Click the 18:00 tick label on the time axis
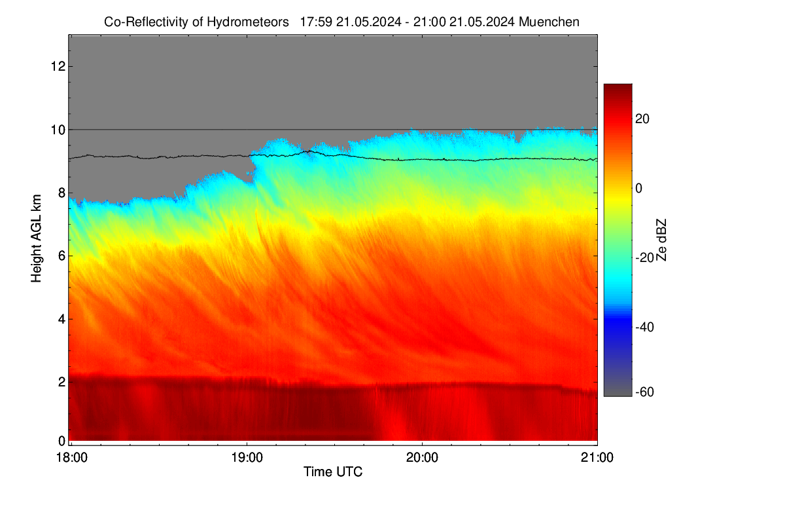pyautogui.click(x=72, y=458)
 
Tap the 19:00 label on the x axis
pyautogui.click(x=247, y=458)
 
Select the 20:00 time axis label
pyautogui.click(x=422, y=458)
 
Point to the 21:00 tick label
pyautogui.click(x=597, y=458)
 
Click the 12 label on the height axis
pyautogui.click(x=58, y=66)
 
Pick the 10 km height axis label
pyautogui.click(x=58, y=130)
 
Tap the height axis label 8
pyautogui.click(x=62, y=193)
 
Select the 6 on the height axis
pyautogui.click(x=62, y=256)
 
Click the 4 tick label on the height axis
pyautogui.click(x=62, y=320)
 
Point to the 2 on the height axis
pyautogui.click(x=62, y=382)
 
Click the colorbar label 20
pyautogui.click(x=642, y=119)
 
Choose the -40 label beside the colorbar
pyautogui.click(x=644, y=327)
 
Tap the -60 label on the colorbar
pyautogui.click(x=644, y=392)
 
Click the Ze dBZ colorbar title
pyautogui.click(x=661, y=240)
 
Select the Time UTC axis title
pyautogui.click(x=332, y=472)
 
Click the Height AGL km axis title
pyautogui.click(x=36, y=238)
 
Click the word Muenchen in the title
pyautogui.click(x=549, y=22)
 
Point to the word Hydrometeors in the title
pyautogui.click(x=248, y=22)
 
